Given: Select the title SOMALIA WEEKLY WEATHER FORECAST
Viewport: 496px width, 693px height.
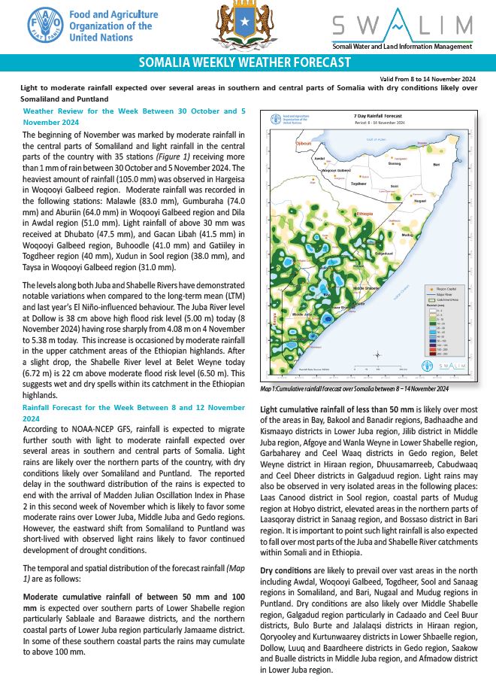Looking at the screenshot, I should click(247, 62).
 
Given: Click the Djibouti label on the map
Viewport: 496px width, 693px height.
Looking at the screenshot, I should click(303, 143).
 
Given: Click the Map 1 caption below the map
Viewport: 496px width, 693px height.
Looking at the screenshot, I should click(353, 389).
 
